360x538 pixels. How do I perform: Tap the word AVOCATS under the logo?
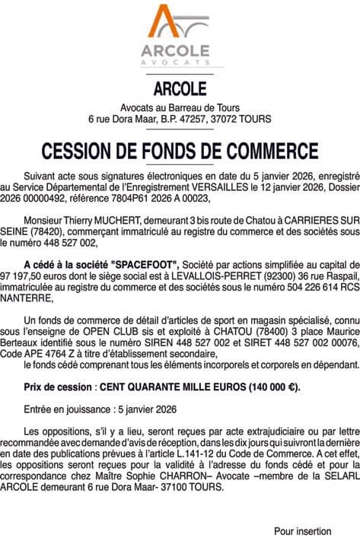click(179, 60)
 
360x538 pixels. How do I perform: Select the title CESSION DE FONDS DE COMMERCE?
click(180, 148)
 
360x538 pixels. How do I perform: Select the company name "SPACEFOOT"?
click(144, 263)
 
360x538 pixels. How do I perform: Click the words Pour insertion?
click(303, 530)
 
